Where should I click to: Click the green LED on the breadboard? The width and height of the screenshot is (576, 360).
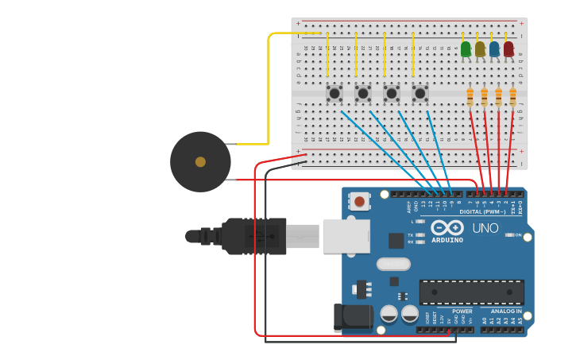[x=466, y=49]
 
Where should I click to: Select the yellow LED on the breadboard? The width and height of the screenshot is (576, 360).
[x=480, y=49]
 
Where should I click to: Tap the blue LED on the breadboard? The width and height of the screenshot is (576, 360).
[x=494, y=49]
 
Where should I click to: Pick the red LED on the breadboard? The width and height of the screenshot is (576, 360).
[x=508, y=49]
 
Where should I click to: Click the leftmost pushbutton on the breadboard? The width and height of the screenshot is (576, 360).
[x=334, y=94]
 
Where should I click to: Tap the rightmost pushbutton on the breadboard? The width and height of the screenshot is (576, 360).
[x=420, y=94]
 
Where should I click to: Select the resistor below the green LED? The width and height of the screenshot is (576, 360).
[x=470, y=97]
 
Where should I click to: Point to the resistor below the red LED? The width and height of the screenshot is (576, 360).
[x=513, y=97]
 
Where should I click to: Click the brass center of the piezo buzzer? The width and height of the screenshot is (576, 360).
[x=200, y=162]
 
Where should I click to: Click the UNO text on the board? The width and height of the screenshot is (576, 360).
[x=485, y=228]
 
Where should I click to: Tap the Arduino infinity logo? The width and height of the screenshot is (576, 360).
[x=446, y=227]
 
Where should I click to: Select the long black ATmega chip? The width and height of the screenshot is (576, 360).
[x=471, y=292]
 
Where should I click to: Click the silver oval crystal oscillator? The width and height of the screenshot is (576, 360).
[x=393, y=264]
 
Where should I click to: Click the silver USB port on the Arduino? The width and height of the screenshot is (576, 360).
[x=346, y=236]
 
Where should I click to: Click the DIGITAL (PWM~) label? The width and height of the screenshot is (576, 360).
[x=482, y=211]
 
